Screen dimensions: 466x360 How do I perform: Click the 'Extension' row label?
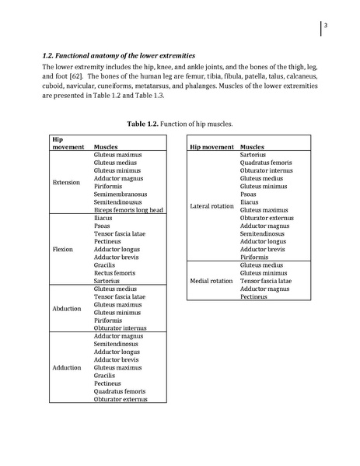click(x=66, y=182)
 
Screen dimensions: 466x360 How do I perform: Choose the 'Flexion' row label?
click(x=63, y=250)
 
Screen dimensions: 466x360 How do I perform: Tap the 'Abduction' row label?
click(x=66, y=308)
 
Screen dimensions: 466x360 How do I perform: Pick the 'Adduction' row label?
click(x=66, y=367)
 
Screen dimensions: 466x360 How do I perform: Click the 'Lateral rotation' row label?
click(x=211, y=206)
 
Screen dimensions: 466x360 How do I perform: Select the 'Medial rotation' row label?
click(x=211, y=281)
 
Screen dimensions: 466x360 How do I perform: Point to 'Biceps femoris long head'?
click(x=128, y=210)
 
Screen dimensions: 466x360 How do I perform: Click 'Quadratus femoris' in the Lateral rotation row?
click(x=267, y=163)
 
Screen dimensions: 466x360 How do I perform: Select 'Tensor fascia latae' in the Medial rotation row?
click(x=267, y=281)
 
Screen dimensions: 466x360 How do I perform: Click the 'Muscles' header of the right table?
click(x=252, y=146)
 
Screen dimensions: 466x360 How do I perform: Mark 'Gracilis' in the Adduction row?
click(x=106, y=375)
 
